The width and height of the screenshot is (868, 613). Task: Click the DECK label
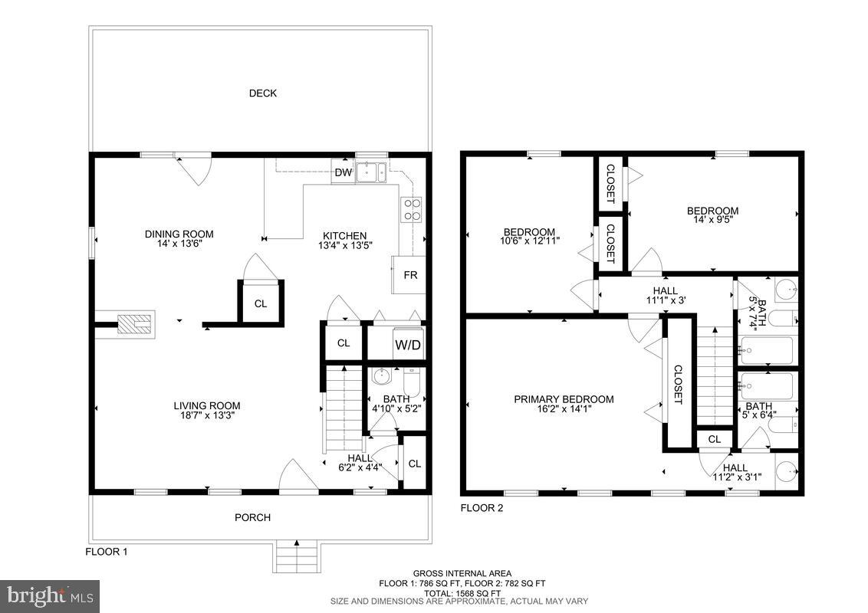[262, 93]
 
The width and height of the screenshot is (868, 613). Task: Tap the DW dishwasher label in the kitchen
[343, 173]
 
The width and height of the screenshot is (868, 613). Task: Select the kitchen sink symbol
[372, 172]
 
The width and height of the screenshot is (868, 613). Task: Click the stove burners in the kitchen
[411, 209]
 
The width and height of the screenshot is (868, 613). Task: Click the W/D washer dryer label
[407, 345]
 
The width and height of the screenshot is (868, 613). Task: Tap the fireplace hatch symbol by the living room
[135, 325]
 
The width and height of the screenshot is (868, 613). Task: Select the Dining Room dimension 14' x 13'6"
[179, 244]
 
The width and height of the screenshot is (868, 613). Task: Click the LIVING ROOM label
[206, 406]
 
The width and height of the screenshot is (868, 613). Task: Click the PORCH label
[252, 518]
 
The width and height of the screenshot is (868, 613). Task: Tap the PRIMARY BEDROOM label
[564, 399]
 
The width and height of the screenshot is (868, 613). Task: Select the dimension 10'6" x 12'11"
[529, 241]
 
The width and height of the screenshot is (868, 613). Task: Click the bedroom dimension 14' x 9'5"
[712, 220]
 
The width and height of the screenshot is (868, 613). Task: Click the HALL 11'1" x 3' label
[665, 295]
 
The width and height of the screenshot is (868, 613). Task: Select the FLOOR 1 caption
[106, 552]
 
